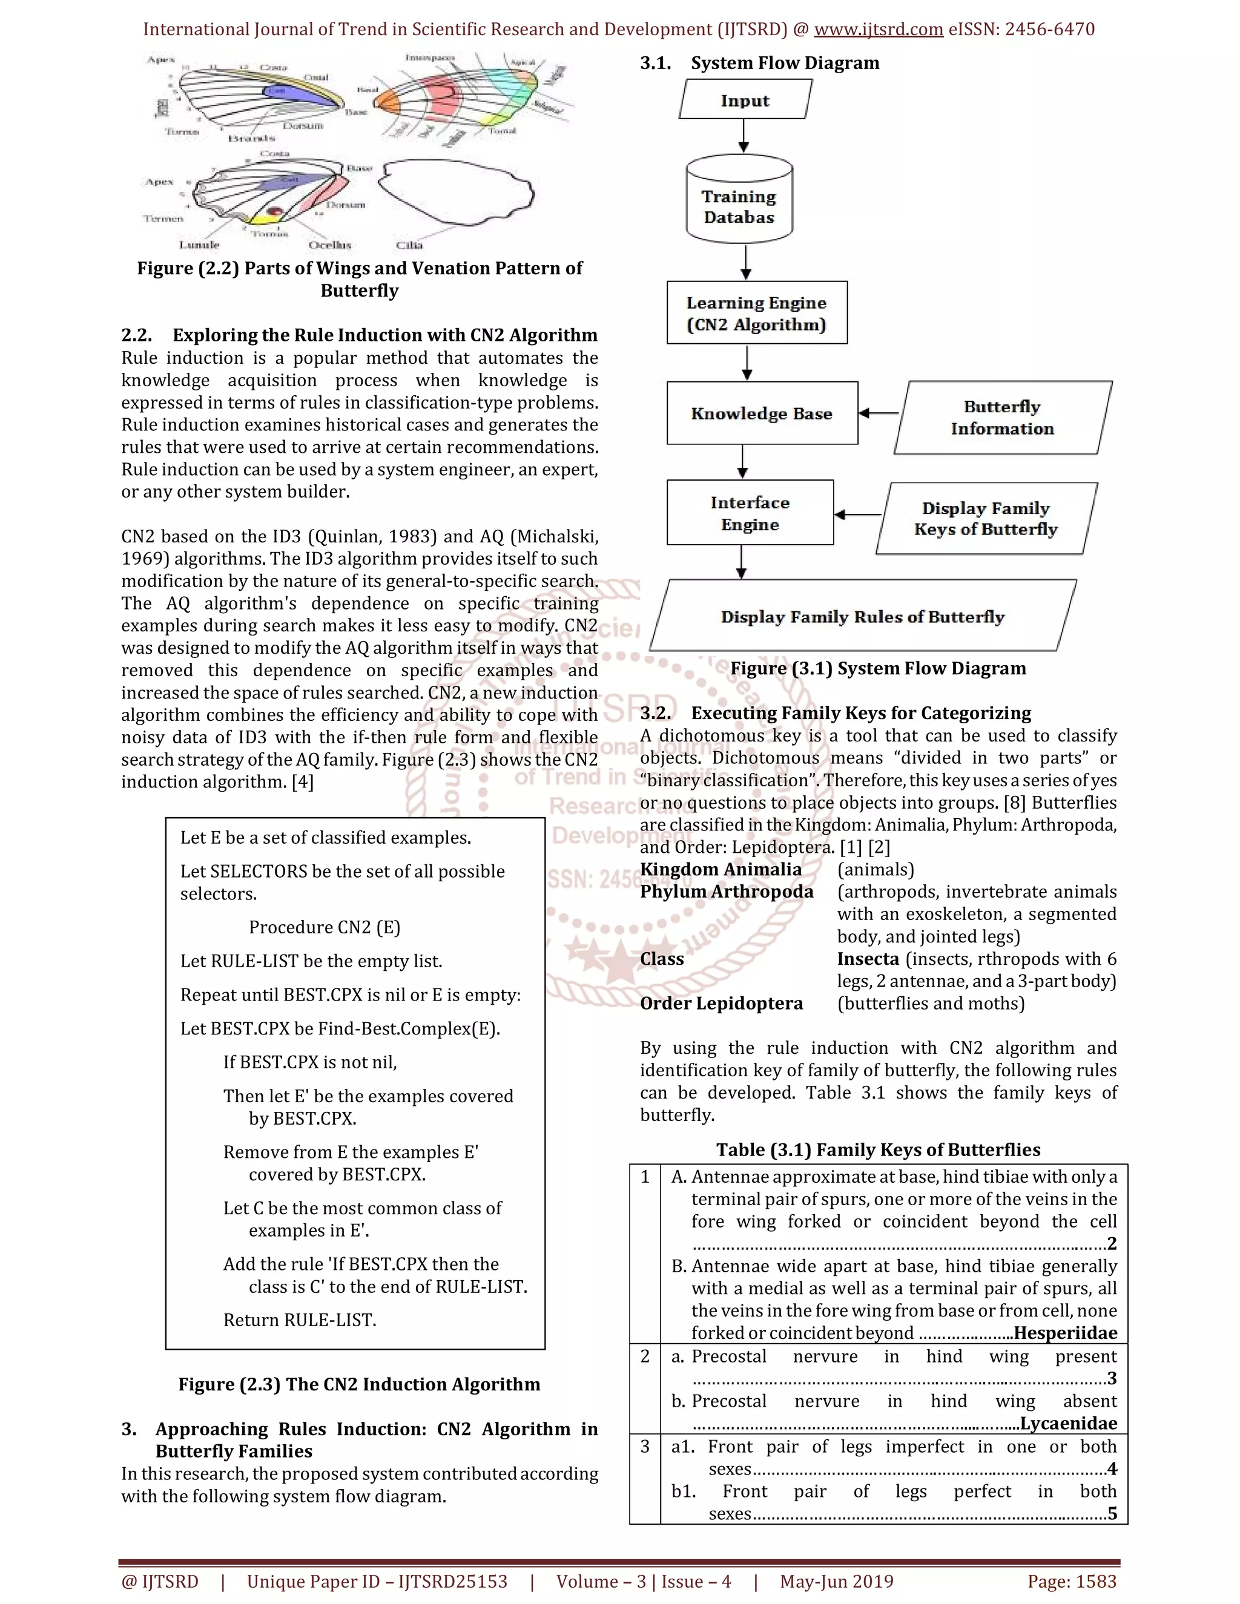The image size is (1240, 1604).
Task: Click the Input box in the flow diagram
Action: point(745,100)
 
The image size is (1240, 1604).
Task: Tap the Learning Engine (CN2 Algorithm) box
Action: point(757,313)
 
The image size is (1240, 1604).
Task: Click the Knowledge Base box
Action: point(762,413)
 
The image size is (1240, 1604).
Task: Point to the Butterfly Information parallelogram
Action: point(1002,417)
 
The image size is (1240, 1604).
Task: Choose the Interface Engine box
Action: point(750,513)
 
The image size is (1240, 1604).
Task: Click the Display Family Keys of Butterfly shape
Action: point(986,519)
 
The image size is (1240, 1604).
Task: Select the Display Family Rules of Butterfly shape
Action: point(862,616)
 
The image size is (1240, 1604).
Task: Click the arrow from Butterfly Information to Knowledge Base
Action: point(879,413)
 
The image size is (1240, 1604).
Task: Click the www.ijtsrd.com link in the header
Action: point(879,30)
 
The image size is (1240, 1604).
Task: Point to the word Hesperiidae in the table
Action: point(1065,1333)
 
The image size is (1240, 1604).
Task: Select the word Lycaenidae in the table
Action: point(1069,1424)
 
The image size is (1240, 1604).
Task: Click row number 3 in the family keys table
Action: point(645,1447)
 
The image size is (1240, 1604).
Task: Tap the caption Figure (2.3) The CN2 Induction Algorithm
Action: point(359,1384)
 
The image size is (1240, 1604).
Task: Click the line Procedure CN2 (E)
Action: point(324,927)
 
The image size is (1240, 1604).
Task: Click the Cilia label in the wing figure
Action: point(410,245)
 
